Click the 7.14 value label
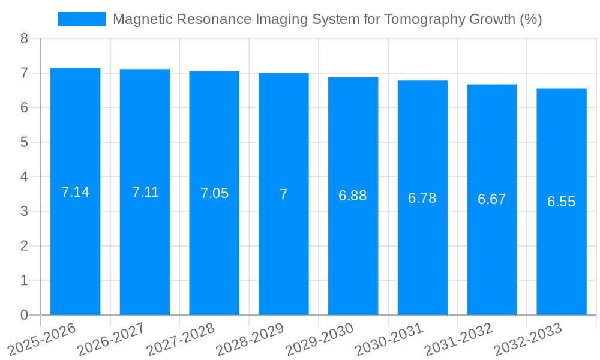(75, 192)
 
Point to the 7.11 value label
(145, 192)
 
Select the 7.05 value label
(214, 193)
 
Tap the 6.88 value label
(353, 196)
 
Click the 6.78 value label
(422, 198)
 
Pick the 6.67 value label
(492, 200)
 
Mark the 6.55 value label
(562, 202)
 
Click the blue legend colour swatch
(81, 19)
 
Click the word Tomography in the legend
(413, 19)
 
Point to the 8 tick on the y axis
(24, 38)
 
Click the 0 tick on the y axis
(24, 315)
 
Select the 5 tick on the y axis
(24, 142)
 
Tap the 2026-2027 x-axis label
(111, 339)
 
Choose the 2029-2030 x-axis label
(319, 339)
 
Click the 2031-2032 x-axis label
(458, 339)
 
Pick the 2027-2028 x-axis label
(181, 339)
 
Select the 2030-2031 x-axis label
(389, 339)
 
